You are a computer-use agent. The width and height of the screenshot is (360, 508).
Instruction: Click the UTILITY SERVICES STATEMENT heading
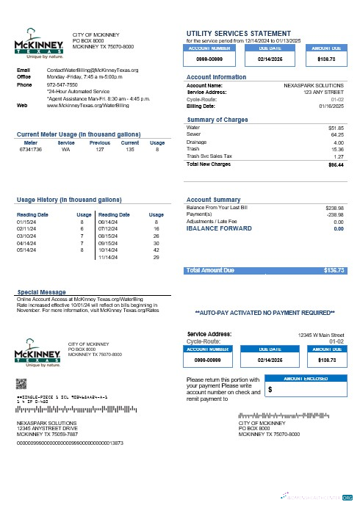click(239, 34)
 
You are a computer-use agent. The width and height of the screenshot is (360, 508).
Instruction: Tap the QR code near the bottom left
click(21, 383)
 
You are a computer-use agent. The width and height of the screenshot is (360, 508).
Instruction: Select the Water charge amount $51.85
click(336, 128)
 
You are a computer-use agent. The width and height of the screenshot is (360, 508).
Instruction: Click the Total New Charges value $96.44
click(336, 164)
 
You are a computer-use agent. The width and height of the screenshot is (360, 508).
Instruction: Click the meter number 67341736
click(31, 149)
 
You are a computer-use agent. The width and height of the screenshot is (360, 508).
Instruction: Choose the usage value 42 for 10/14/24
click(156, 250)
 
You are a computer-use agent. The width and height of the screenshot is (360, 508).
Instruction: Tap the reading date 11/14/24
click(108, 258)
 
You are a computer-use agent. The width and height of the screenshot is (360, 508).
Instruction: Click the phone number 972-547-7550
click(62, 84)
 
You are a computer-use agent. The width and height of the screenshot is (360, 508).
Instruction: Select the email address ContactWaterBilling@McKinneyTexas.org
click(93, 69)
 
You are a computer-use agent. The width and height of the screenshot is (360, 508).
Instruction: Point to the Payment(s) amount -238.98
click(334, 214)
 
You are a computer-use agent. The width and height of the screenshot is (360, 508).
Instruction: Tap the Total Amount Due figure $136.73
click(334, 271)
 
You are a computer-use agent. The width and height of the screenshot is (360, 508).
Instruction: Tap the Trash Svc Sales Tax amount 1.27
click(339, 157)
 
